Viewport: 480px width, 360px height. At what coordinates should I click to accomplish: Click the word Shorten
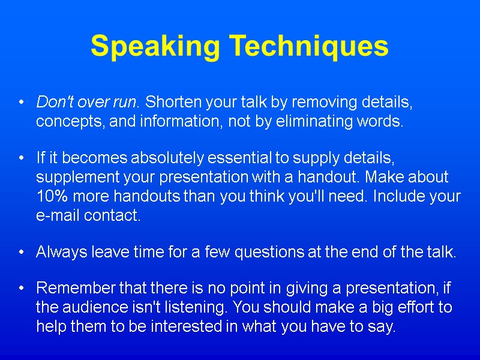pyautogui.click(x=173, y=102)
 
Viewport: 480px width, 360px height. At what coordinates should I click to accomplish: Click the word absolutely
pyautogui.click(x=168, y=158)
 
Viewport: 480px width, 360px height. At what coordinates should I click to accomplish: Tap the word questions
pyautogui.click(x=269, y=253)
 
